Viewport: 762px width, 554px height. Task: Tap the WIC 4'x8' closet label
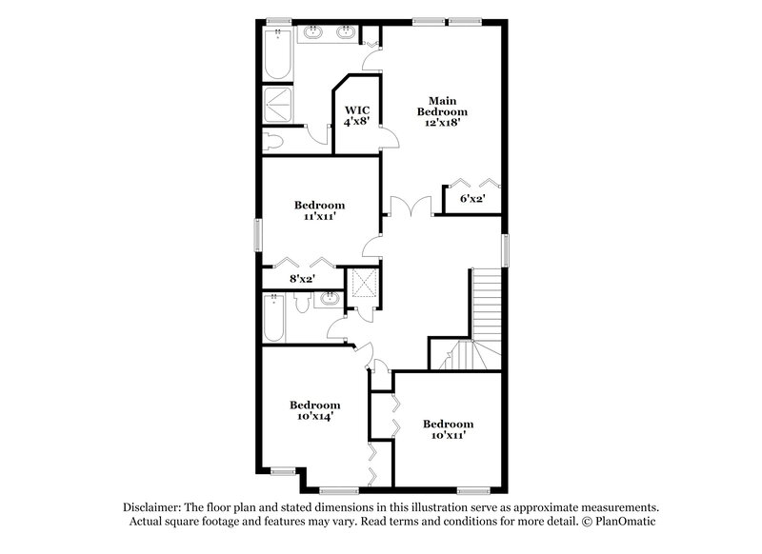pyautogui.click(x=357, y=116)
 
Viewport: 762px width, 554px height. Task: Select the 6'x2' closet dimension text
pyautogui.click(x=472, y=199)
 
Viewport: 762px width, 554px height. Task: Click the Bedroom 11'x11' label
pyautogui.click(x=319, y=210)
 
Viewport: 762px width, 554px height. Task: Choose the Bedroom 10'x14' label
pyautogui.click(x=314, y=410)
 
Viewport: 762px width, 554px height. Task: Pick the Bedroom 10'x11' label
pyautogui.click(x=448, y=429)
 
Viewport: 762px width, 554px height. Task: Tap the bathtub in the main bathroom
pyautogui.click(x=277, y=52)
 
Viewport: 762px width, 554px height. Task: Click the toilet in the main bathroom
pyautogui.click(x=274, y=141)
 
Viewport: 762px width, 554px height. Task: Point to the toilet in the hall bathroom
pyautogui.click(x=303, y=303)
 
